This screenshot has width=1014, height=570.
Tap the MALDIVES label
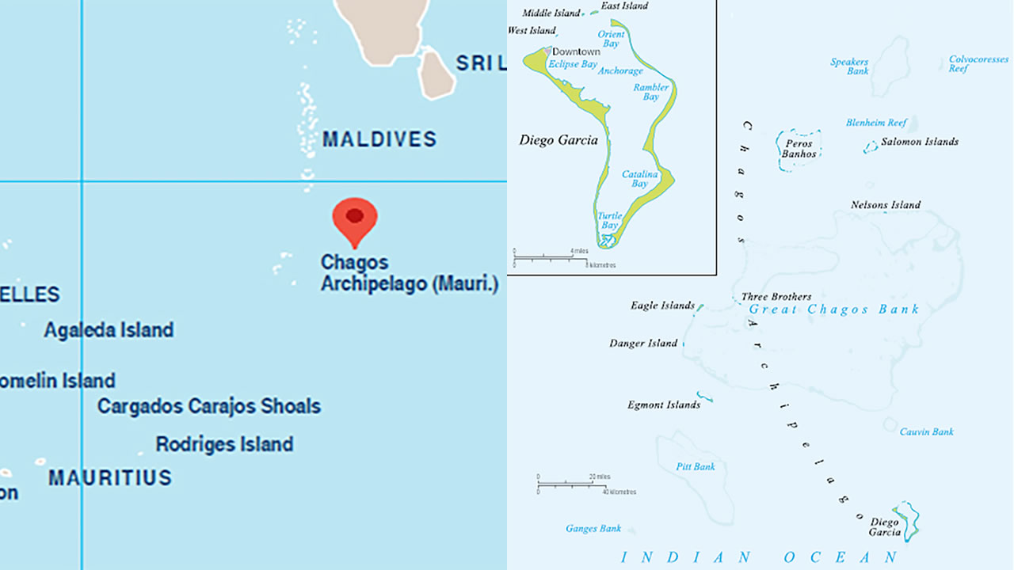379,139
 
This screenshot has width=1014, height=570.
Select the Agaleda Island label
109,330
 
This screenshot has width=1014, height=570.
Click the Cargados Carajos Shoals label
209,406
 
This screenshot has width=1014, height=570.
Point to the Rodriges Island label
224,444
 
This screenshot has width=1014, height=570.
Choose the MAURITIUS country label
110,478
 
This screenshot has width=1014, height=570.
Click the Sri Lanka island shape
436,71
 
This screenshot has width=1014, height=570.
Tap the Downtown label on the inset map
576,52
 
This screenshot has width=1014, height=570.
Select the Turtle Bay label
608,220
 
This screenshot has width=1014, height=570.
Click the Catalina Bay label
639,179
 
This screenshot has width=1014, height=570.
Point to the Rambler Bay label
651,92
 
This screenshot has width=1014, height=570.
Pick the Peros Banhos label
799,149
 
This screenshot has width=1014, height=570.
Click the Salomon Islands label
920,142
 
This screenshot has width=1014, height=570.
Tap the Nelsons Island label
886,205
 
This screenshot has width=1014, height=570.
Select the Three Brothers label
776,297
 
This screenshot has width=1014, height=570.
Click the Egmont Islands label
664,405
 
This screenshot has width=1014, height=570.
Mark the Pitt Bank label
696,467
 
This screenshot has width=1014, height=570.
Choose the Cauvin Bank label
927,432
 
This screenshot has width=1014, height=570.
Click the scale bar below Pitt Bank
572,484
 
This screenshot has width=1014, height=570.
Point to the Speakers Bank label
849,66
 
